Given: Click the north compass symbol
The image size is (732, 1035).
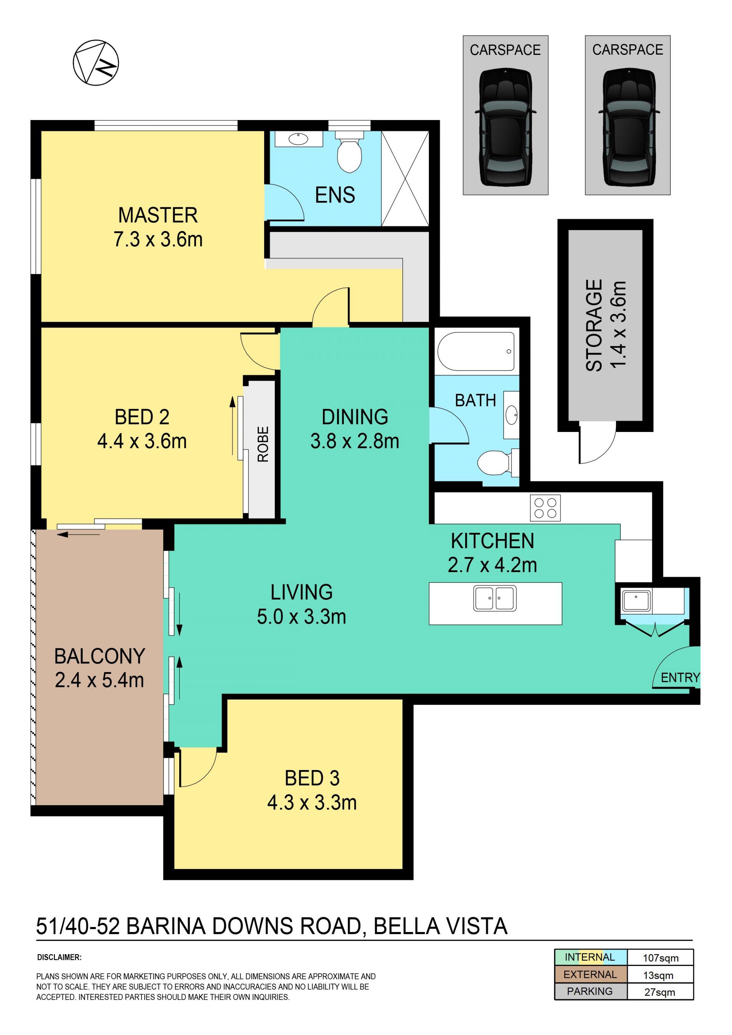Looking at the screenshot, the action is click(96, 62).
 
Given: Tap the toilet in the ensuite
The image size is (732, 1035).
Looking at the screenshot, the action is click(349, 152).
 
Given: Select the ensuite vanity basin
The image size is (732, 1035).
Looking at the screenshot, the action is click(299, 139).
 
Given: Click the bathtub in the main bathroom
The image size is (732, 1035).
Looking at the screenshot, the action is click(476, 351).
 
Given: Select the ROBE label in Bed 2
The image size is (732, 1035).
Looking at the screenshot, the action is click(262, 444).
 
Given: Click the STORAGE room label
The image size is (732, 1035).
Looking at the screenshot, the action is click(594, 325).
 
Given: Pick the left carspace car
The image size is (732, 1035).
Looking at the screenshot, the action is click(505, 127).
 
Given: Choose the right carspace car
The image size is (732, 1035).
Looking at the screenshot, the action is click(628, 127).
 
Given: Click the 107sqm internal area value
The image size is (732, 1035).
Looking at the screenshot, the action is click(660, 958).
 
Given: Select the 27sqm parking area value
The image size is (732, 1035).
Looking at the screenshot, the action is click(660, 992).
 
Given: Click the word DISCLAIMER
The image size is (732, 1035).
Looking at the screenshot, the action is click(59, 957).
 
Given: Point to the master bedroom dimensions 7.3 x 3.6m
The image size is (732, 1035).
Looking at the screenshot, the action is click(158, 239).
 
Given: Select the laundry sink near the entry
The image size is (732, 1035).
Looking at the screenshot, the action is click(636, 600).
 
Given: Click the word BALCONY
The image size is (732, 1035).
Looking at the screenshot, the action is click(100, 656).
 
